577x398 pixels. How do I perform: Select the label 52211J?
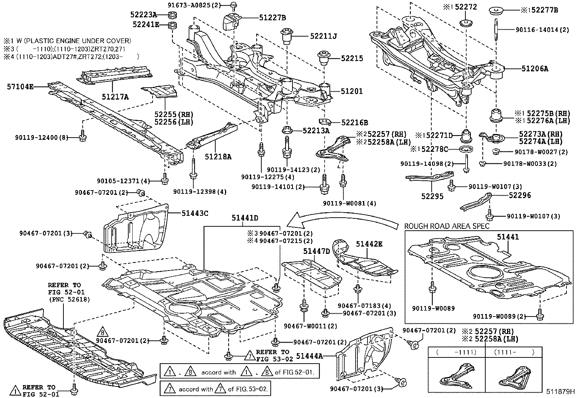point(323,36)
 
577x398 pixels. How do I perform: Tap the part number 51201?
point(352,91)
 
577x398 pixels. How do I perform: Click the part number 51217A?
point(115,96)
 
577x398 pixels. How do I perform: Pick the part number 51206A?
point(535,68)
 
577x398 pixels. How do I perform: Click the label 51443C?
point(195,213)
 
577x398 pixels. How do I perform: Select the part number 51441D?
point(245,218)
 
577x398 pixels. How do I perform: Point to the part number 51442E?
point(369,244)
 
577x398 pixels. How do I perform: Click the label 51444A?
point(309,356)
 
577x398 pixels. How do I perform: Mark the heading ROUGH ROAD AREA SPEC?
point(447,226)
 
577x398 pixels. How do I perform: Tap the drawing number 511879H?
point(561,391)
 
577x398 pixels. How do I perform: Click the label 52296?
point(520,195)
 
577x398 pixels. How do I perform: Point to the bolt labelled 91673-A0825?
point(234,5)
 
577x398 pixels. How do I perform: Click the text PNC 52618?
point(69,299)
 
